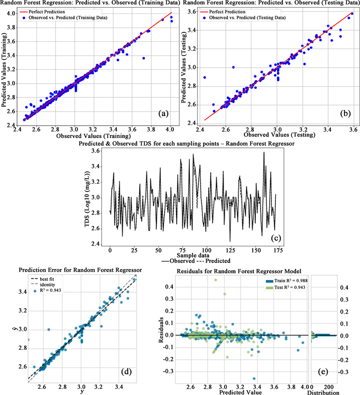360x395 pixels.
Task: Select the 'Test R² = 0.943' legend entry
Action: click(x=284, y=287)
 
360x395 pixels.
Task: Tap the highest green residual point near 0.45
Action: click(x=215, y=279)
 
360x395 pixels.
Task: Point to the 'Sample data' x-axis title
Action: click(x=196, y=256)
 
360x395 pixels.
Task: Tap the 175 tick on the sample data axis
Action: click(x=275, y=250)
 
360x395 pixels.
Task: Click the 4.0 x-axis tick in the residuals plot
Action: click(x=305, y=387)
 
